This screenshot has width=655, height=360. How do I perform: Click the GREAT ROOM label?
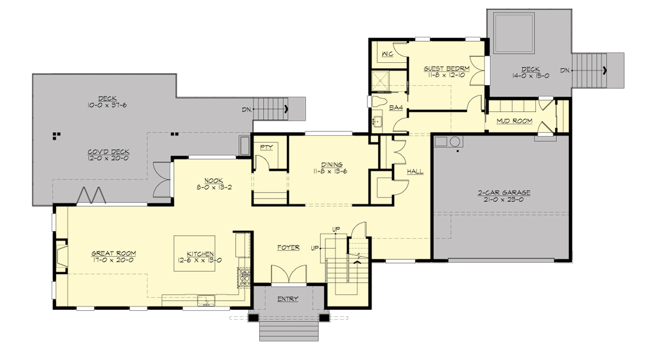coord(114,253)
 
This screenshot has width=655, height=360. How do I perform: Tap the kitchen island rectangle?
coord(194,257)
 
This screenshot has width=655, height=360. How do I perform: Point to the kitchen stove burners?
coord(243,278)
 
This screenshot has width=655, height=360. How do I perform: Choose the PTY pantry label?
coord(266,147)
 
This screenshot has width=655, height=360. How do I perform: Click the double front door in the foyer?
coord(288,275)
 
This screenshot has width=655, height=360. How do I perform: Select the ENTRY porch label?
coord(288,299)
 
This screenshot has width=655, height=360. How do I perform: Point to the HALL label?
coord(415,171)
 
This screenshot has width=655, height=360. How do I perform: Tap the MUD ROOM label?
coord(514,121)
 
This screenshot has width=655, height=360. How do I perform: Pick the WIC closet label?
coord(388,54)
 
